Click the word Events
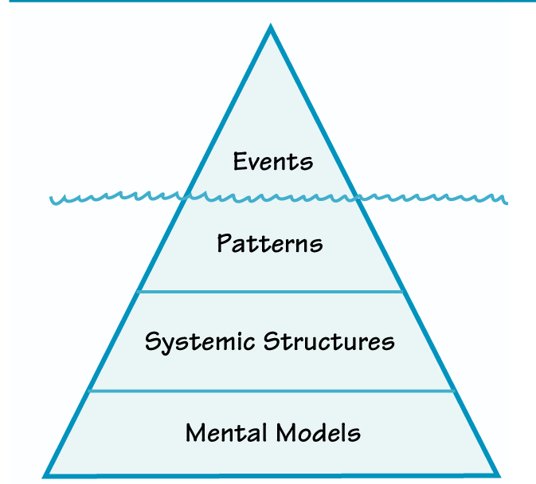click(x=272, y=162)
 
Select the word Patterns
click(x=269, y=243)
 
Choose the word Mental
click(x=227, y=433)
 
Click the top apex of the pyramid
click(x=271, y=28)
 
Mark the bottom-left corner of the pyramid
click(x=45, y=475)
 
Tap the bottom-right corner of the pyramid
click(x=498, y=475)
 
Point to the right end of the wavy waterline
click(x=506, y=199)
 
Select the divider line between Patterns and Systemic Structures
click(x=271, y=292)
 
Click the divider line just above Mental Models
click(x=271, y=391)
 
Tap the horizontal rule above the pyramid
click(x=268, y=2)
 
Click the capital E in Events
click(x=240, y=162)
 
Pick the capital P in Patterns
click(x=224, y=243)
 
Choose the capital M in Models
click(x=286, y=433)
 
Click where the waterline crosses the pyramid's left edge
click(x=186, y=196)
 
